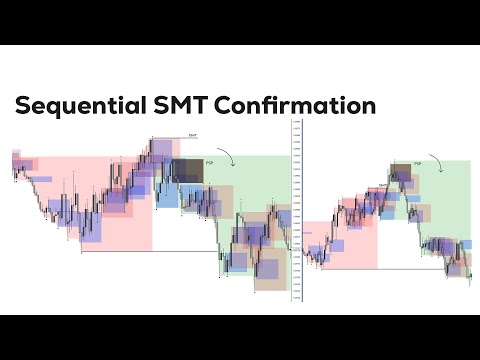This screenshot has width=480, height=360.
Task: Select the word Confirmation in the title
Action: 310,105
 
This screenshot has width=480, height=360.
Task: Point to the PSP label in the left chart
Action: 209,161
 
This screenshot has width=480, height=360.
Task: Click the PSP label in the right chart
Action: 416,160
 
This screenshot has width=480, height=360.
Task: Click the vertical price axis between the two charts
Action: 296,210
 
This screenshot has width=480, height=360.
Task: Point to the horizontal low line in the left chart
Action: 150,251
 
